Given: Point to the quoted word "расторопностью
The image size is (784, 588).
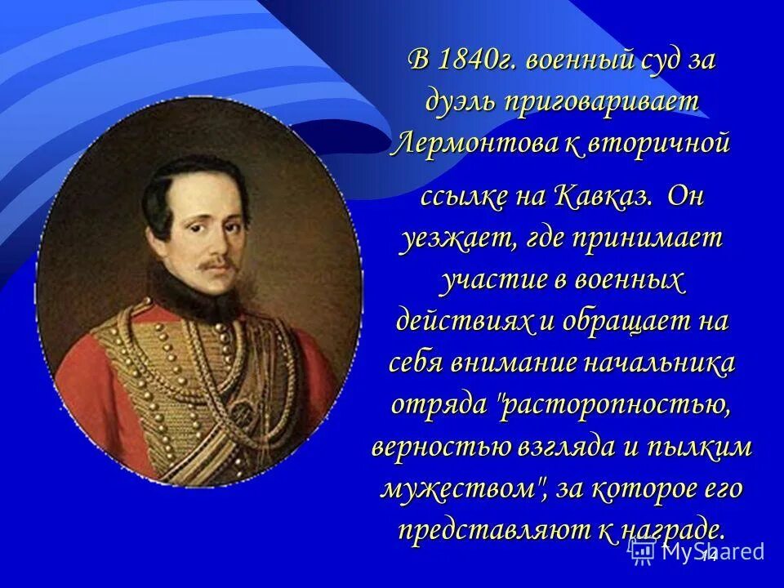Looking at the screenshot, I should [617, 404].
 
